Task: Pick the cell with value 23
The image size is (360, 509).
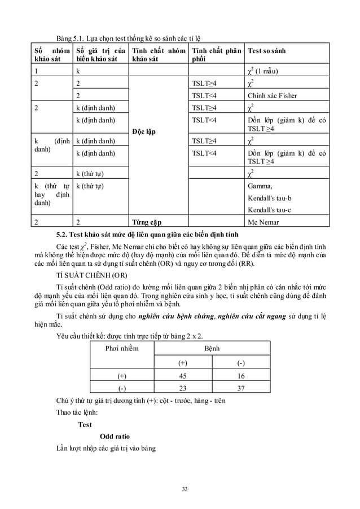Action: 182,388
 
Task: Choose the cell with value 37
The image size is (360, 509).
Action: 241,388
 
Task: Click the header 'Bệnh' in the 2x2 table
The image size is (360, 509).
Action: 212,348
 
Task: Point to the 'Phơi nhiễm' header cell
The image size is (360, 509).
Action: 122,348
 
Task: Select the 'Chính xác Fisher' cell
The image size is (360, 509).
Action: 272,95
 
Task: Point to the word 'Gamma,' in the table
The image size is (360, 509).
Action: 260,186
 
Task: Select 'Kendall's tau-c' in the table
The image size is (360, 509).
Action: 269,209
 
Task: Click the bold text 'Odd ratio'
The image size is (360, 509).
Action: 115,436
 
